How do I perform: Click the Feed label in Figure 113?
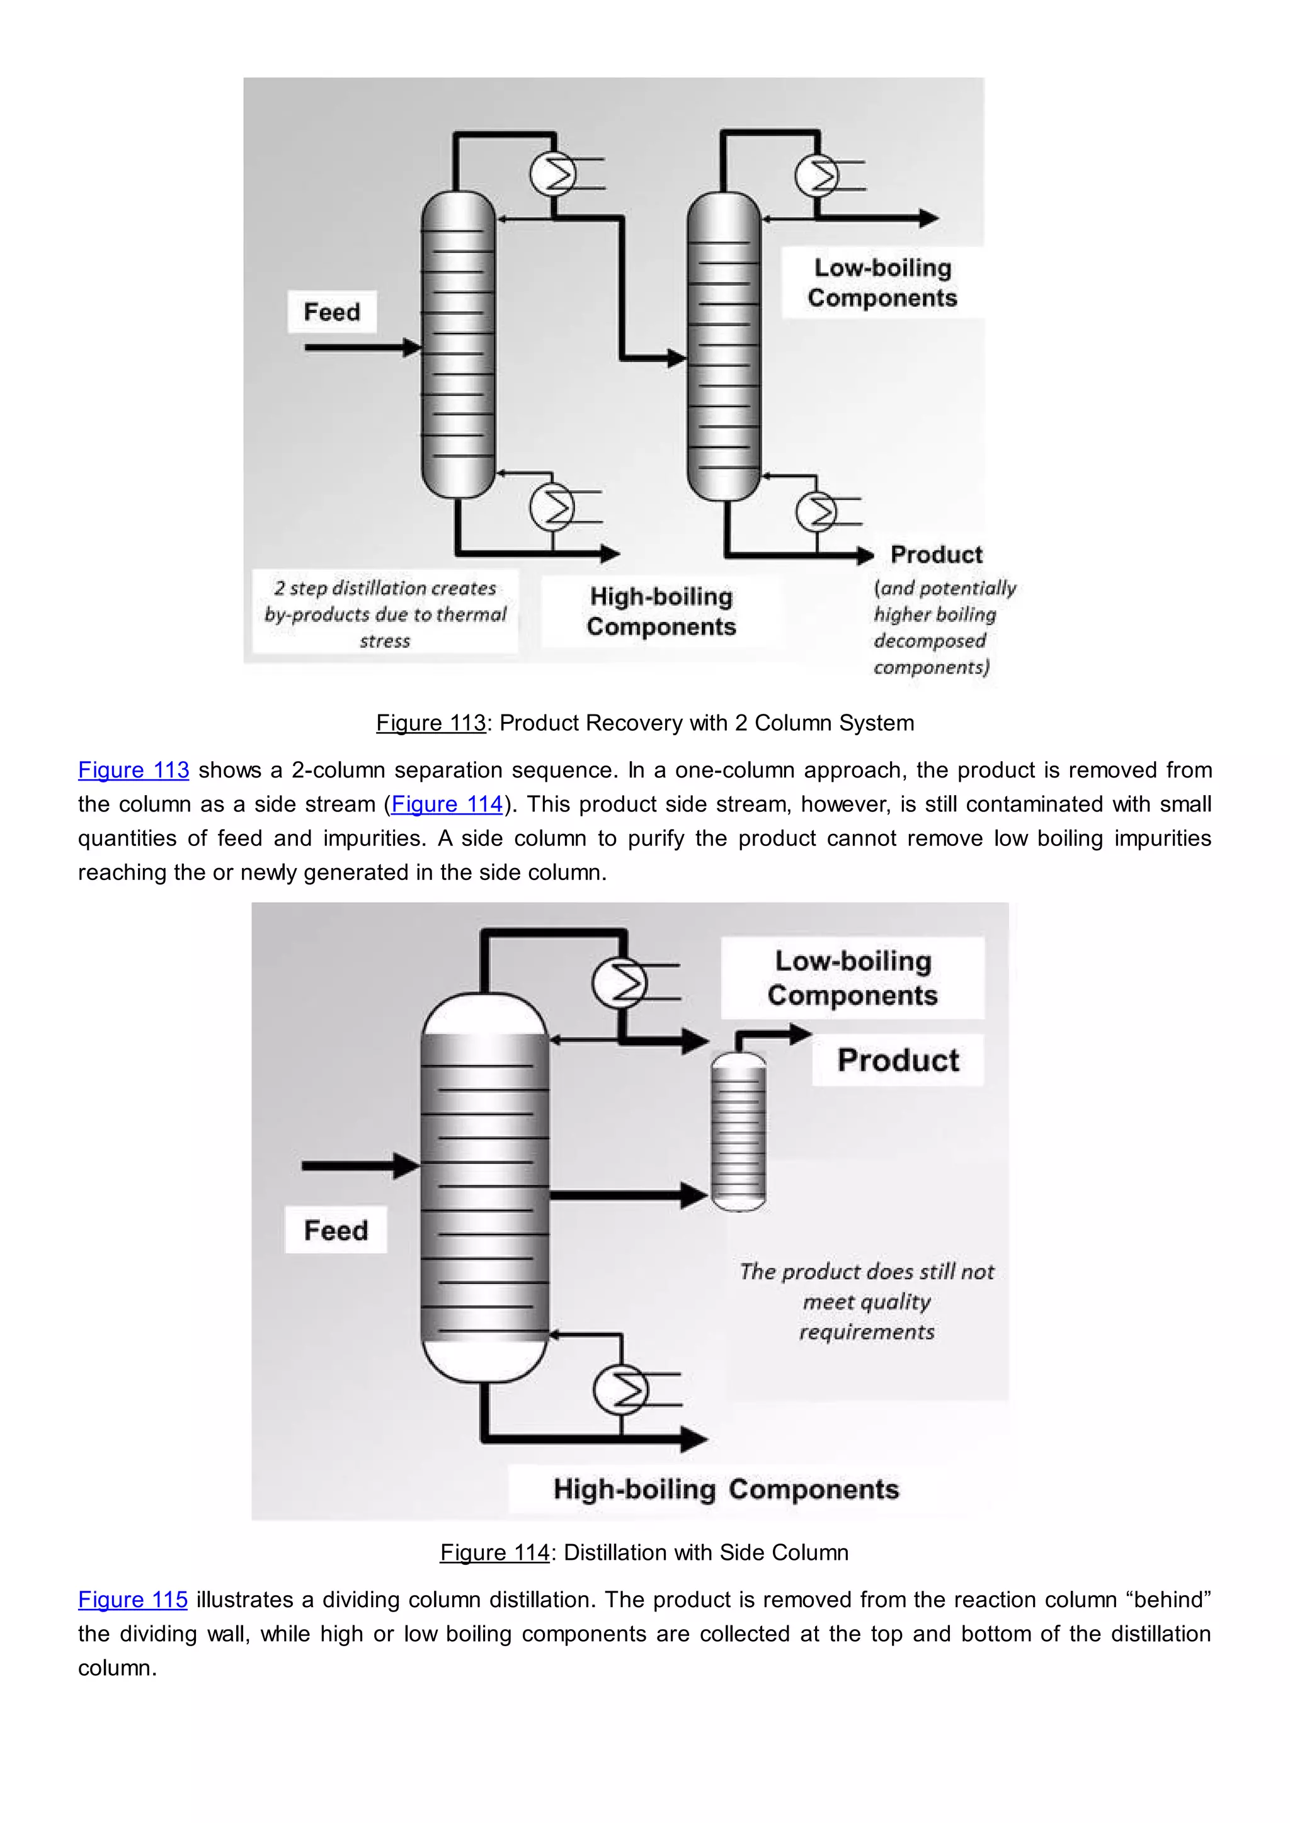(331, 312)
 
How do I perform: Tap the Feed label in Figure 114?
(335, 1230)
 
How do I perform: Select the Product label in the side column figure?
(898, 1060)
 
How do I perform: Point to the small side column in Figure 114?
(738, 1131)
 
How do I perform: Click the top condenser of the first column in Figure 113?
(553, 174)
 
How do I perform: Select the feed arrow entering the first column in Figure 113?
(362, 347)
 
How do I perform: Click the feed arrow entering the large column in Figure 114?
(359, 1166)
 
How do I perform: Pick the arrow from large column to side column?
(627, 1195)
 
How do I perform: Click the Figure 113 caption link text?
(431, 723)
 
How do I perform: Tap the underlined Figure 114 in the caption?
(495, 1552)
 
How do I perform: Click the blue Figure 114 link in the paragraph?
(447, 804)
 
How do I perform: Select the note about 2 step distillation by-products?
(385, 614)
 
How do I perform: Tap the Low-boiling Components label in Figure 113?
(882, 283)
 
